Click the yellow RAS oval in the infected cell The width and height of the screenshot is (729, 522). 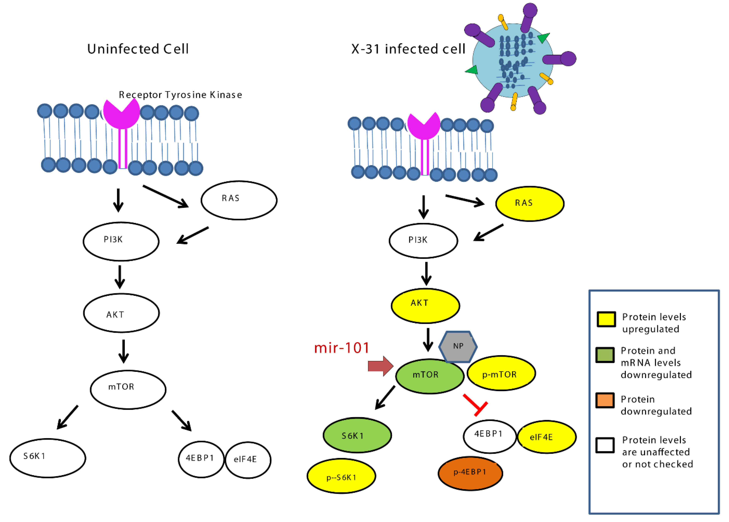pos(529,203)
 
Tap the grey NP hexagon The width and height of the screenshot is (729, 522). pos(458,346)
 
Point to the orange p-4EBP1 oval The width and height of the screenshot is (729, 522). pos(470,473)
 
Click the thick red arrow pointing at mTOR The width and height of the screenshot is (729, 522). pos(380,366)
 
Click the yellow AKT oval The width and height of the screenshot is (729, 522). pos(425,305)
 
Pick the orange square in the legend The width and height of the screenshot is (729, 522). pos(605,400)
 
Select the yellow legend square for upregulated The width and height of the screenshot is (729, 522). pos(606,319)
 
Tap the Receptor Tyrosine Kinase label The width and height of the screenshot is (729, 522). pos(180,95)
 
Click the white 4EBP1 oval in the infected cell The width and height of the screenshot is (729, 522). pos(489,436)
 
